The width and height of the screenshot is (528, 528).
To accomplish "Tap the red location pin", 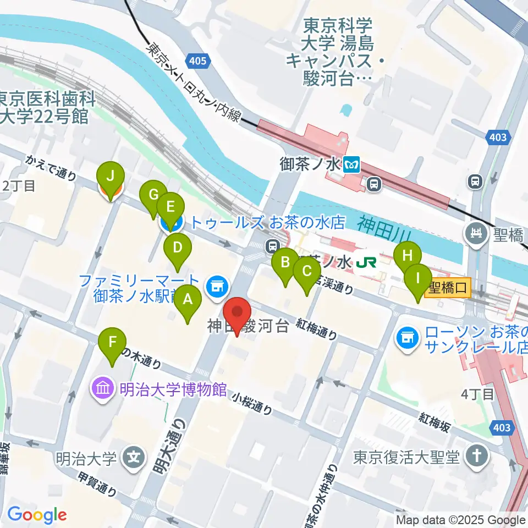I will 238,315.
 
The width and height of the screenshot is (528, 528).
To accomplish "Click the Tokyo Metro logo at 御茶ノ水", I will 351,164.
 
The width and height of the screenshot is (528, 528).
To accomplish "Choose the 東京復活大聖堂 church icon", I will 474,456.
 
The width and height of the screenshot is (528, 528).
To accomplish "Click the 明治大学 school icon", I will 133,457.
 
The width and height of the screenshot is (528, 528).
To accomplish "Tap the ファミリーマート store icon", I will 215,285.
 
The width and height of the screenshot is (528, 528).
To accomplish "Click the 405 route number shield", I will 196,61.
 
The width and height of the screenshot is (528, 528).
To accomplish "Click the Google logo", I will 37,515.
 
